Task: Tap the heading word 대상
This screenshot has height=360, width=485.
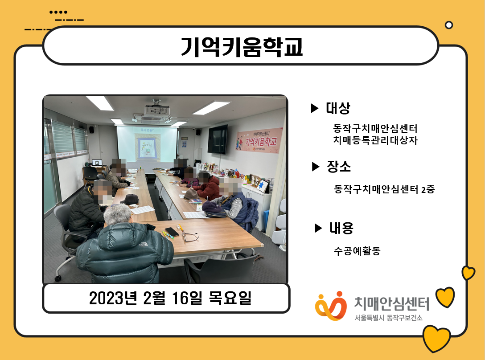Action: click(x=338, y=108)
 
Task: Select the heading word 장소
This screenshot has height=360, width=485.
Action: click(x=339, y=166)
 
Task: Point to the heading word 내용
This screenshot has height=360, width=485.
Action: click(x=341, y=228)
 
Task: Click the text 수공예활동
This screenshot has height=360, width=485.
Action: click(x=357, y=250)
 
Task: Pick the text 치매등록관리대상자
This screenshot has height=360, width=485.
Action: click(x=375, y=140)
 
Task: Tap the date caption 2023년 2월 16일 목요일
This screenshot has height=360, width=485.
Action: click(x=170, y=298)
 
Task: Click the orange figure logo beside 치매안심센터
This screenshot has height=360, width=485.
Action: click(x=331, y=306)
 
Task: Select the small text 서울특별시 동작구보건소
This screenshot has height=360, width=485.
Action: click(x=388, y=318)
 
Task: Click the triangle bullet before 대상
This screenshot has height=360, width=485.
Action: click(x=315, y=108)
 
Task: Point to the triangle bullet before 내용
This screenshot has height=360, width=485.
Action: click(x=318, y=228)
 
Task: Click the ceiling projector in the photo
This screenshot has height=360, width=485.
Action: click(x=156, y=110)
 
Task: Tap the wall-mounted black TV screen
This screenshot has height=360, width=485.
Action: click(x=218, y=139)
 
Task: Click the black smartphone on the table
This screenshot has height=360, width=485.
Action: click(x=172, y=232)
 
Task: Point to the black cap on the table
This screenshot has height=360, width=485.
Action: click(x=130, y=199)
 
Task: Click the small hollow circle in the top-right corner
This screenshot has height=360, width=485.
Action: click(x=449, y=25)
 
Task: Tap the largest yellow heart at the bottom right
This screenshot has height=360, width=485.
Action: click(x=436, y=339)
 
